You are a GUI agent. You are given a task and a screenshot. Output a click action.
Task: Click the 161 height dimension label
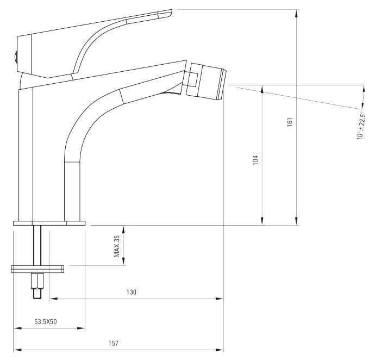click(290, 122)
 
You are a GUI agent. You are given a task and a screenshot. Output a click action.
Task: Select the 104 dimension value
click(255, 160)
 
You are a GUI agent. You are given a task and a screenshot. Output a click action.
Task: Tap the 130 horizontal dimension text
click(132, 292)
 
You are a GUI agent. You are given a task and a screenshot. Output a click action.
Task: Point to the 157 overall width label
click(114, 343)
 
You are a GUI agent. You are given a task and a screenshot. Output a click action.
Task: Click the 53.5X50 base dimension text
click(46, 321)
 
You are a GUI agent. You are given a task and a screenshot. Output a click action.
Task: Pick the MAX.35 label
click(117, 246)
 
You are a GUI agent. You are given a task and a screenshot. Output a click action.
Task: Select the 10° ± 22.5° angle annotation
click(360, 126)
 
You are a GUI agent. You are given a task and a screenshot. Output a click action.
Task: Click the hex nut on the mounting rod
click(37, 282)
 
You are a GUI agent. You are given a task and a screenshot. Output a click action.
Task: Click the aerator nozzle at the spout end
click(206, 82)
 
